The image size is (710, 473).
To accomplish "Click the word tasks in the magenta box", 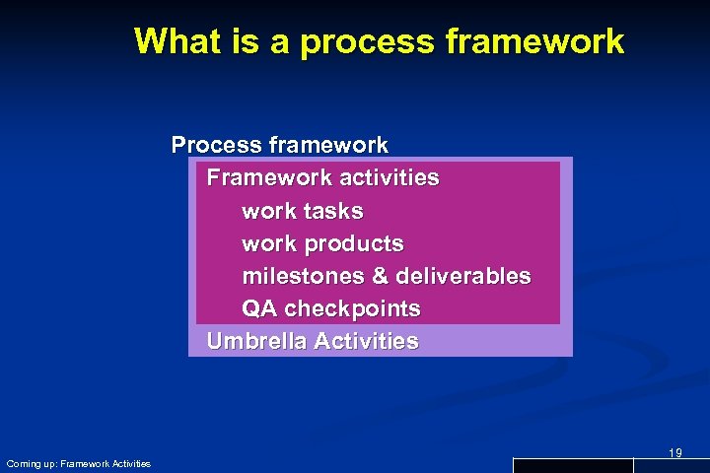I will (x=332, y=211).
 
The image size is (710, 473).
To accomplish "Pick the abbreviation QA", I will (x=259, y=308).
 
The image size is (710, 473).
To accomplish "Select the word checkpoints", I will (x=352, y=308).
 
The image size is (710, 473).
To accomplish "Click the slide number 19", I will (x=674, y=452).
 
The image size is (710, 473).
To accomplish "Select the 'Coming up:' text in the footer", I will (x=31, y=463).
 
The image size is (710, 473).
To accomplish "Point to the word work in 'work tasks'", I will (x=267, y=211).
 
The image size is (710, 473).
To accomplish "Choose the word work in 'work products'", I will (x=267, y=243).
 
